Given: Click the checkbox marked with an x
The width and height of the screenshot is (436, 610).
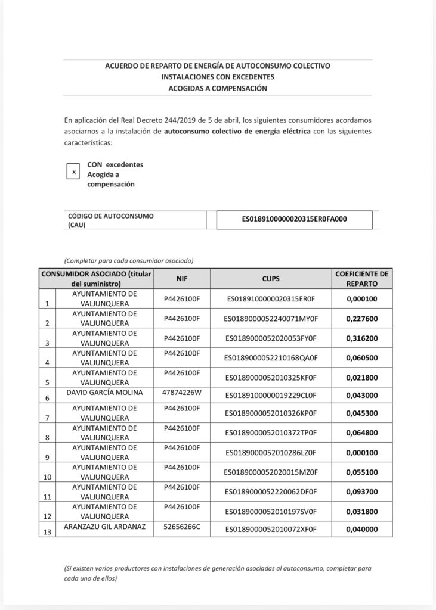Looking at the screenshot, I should click(x=74, y=172).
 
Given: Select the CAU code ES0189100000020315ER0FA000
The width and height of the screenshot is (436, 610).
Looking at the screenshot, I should click(x=294, y=219).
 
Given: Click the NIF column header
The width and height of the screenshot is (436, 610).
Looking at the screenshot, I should click(x=183, y=278).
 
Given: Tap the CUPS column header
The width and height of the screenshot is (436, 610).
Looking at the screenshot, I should click(x=270, y=278).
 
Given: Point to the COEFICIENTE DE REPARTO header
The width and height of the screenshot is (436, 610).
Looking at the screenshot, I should click(x=362, y=278).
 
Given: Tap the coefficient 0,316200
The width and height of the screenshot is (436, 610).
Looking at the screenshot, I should click(x=362, y=338).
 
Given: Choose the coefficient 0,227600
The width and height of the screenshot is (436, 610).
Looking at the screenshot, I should click(x=362, y=319).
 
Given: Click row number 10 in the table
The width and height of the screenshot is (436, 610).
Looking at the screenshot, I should click(x=47, y=477).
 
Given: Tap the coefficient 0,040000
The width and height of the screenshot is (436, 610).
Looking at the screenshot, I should click(x=362, y=530).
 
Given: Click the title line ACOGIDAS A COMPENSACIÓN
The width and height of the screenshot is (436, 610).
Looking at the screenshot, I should click(x=218, y=88).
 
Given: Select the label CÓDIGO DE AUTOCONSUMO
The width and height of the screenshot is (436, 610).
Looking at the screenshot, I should click(x=111, y=216).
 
